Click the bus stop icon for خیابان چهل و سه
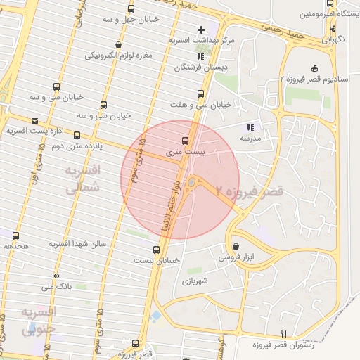click(x=131, y=9)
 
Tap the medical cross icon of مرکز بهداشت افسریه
click(x=202, y=30)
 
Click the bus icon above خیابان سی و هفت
click(x=201, y=93)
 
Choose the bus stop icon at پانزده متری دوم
click(x=77, y=135)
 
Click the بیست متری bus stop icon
click(x=185, y=140)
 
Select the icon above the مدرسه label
click(x=249, y=127)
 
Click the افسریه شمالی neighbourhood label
click(x=82, y=179)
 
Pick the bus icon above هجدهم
click(x=15, y=236)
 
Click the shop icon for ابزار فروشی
click(x=235, y=247)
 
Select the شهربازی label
click(x=196, y=281)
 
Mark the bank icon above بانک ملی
click(x=56, y=276)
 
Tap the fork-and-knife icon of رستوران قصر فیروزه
click(x=284, y=335)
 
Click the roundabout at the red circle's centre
click(x=191, y=183)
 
